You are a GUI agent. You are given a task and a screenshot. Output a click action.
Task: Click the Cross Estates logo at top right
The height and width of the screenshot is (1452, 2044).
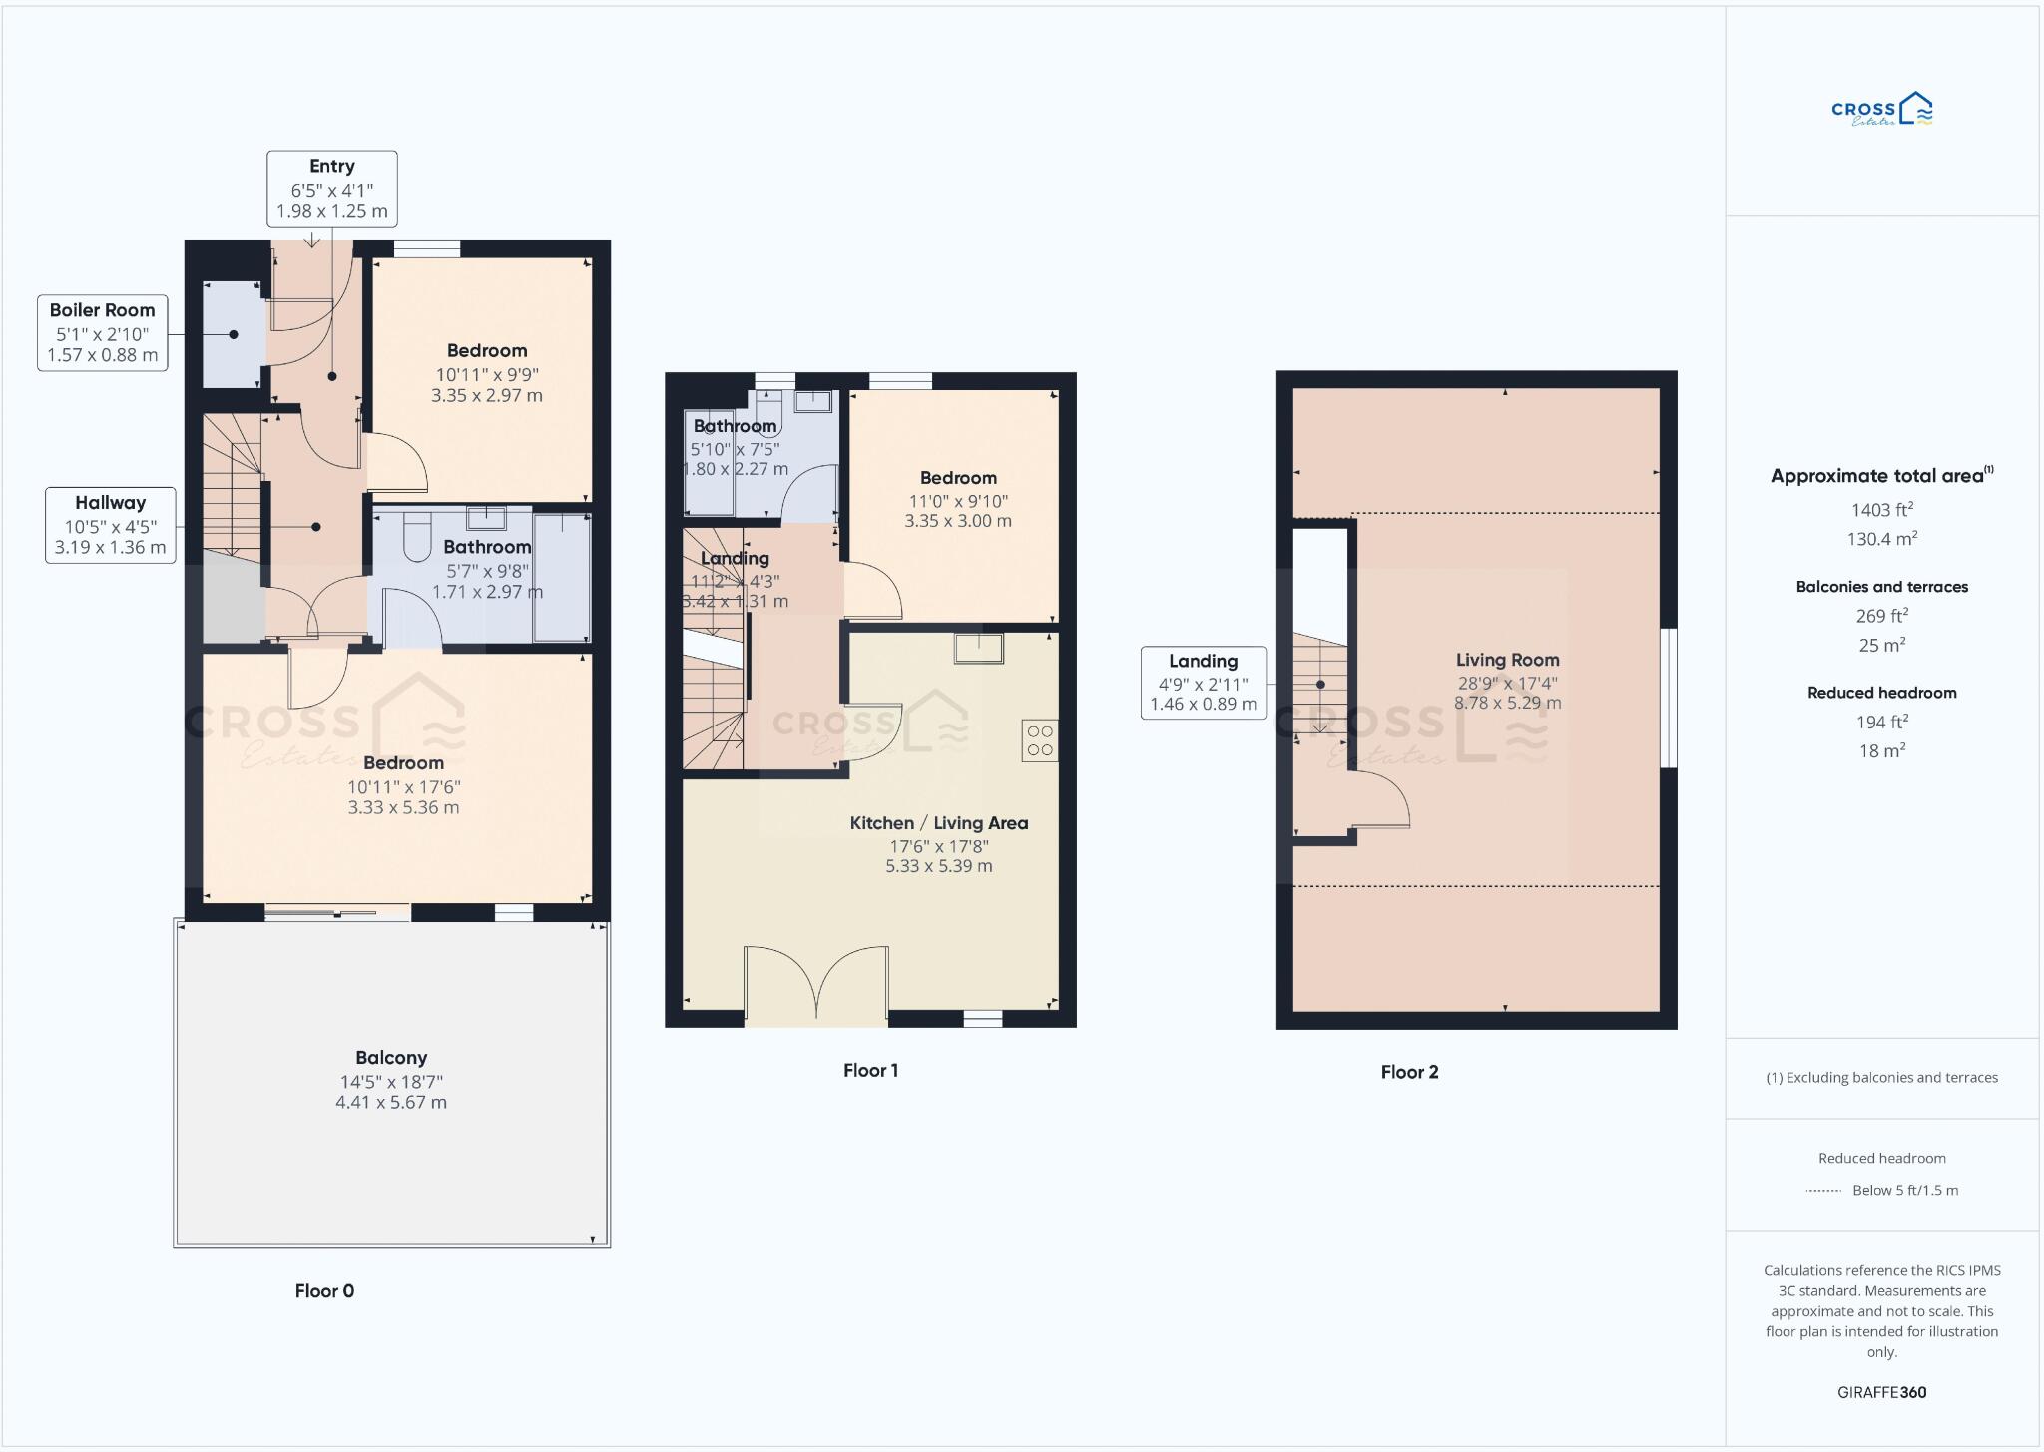1881,111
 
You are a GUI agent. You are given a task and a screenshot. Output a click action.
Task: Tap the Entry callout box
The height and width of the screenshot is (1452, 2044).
331,188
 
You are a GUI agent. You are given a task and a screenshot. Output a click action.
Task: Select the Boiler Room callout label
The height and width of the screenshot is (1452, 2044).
102,332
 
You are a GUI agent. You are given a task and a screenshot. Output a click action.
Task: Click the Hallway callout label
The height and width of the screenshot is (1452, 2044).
110,525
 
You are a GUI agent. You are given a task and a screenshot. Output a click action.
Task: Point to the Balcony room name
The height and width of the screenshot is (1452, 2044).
391,1058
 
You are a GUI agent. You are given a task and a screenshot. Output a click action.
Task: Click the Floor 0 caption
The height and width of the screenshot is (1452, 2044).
324,1290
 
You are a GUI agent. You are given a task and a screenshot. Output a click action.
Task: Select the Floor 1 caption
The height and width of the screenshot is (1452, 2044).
870,1070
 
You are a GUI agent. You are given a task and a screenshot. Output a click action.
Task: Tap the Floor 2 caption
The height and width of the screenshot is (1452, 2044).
1409,1072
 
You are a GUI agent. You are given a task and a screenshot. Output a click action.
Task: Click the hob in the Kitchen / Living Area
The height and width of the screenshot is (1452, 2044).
1039,740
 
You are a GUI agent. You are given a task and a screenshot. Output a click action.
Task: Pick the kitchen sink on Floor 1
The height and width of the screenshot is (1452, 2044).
978,649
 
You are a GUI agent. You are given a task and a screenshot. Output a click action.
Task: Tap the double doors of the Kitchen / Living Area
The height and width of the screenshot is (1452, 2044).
816,983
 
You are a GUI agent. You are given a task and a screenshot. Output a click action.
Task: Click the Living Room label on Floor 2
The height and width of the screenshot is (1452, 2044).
1507,660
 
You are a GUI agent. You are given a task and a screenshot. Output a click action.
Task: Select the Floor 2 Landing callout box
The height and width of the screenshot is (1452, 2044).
1203,683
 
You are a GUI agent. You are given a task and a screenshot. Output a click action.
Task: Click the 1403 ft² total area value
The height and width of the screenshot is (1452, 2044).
1881,510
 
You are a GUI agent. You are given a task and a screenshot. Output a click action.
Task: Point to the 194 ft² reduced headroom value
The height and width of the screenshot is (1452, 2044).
1881,722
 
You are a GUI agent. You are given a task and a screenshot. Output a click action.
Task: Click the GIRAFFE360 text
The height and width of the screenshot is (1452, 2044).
1881,1392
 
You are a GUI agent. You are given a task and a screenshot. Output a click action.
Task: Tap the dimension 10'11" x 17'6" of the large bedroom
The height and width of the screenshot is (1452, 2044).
403,787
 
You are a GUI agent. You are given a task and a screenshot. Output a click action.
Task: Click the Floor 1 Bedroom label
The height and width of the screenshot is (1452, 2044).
958,478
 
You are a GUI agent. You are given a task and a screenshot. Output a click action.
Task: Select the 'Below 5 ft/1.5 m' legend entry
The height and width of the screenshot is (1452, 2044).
1904,1190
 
